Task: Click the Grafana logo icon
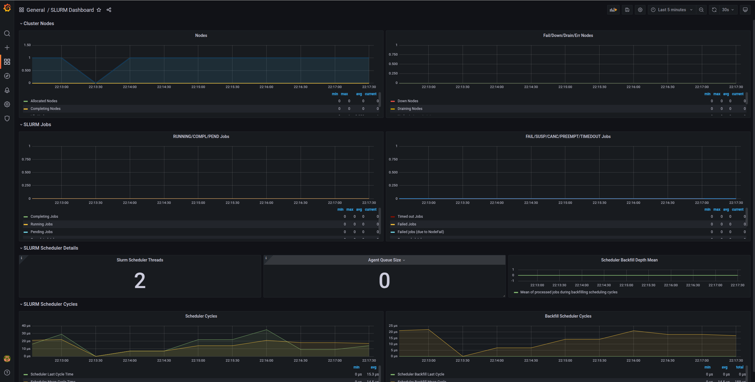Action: pos(7,8)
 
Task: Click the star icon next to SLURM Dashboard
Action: pos(99,10)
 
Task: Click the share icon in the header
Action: pos(109,10)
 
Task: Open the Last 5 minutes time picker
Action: pos(672,10)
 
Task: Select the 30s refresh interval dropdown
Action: pos(728,10)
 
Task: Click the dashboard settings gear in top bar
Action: pos(640,10)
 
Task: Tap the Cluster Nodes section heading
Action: pos(39,23)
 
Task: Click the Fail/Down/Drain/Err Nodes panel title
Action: pos(568,35)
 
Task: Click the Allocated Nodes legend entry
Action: pos(44,101)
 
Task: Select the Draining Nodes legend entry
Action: pos(410,109)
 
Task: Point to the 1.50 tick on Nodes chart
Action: pos(27,45)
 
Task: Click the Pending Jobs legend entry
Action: pos(41,232)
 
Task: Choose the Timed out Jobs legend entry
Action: pos(410,217)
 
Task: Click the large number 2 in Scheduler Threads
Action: pos(140,281)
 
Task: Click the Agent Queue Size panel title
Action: pos(384,260)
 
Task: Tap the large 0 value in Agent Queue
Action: pos(384,281)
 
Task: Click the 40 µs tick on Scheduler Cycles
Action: pos(26,326)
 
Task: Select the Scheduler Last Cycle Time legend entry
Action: pos(52,374)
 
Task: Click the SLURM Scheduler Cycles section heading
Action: pos(50,304)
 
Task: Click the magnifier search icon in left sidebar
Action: pos(7,33)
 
